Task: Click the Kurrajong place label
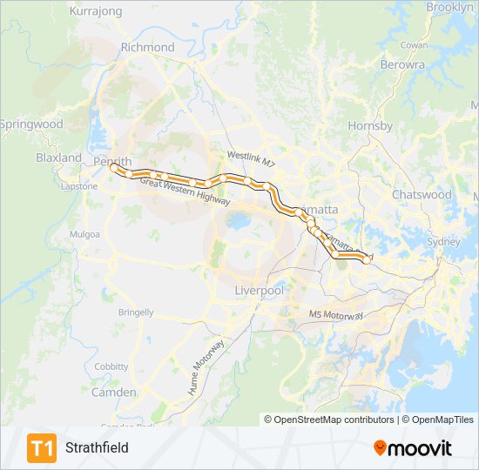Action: click(96, 11)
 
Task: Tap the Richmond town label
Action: click(147, 47)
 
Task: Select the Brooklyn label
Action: click(449, 7)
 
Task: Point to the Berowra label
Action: click(402, 64)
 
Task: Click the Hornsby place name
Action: click(370, 126)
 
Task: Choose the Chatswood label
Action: click(422, 194)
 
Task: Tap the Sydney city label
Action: click(443, 242)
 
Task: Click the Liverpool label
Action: click(260, 290)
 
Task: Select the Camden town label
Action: click(113, 393)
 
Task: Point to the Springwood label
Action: click(32, 124)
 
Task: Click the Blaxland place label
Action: click(58, 158)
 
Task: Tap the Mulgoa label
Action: click(85, 234)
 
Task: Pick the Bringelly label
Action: click(136, 312)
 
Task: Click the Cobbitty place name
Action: click(111, 367)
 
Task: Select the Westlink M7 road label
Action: click(251, 159)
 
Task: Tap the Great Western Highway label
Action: click(185, 190)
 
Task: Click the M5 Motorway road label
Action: click(335, 314)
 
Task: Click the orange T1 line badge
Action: click(41, 448)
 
